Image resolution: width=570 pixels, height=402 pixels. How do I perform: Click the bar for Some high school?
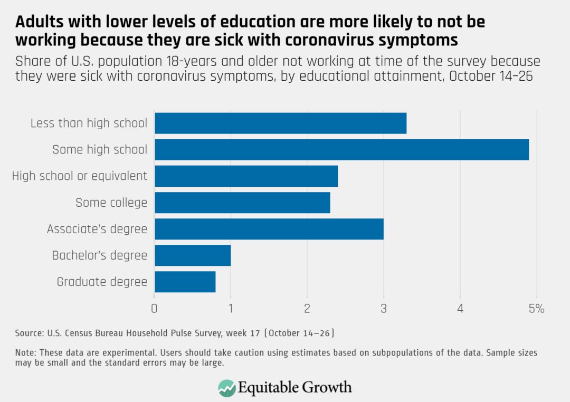[x=341, y=149]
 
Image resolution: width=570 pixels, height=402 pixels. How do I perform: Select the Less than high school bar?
[x=280, y=123]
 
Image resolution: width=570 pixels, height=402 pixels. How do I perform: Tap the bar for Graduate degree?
[x=185, y=282]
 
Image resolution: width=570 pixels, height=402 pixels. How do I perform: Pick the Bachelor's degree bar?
[x=193, y=255]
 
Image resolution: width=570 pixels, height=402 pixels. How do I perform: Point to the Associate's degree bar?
[x=269, y=229]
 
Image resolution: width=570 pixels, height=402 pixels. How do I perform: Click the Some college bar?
[x=242, y=203]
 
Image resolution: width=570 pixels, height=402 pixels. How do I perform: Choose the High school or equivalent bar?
[x=246, y=176]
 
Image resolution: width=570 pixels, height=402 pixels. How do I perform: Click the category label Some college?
[x=111, y=203]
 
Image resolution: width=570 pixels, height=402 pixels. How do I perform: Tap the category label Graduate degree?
[x=102, y=282]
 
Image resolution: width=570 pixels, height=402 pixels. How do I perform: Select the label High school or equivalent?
[x=80, y=176]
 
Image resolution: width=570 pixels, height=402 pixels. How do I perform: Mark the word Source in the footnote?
[x=27, y=333]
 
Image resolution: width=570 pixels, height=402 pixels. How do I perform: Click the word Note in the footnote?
[x=25, y=353]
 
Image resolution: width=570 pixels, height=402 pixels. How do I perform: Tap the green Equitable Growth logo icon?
[x=227, y=388]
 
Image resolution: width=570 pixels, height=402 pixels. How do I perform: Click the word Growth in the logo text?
[x=327, y=388]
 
